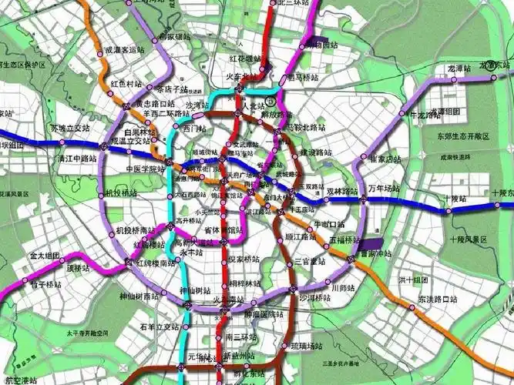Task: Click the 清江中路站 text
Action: pos(76,159)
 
